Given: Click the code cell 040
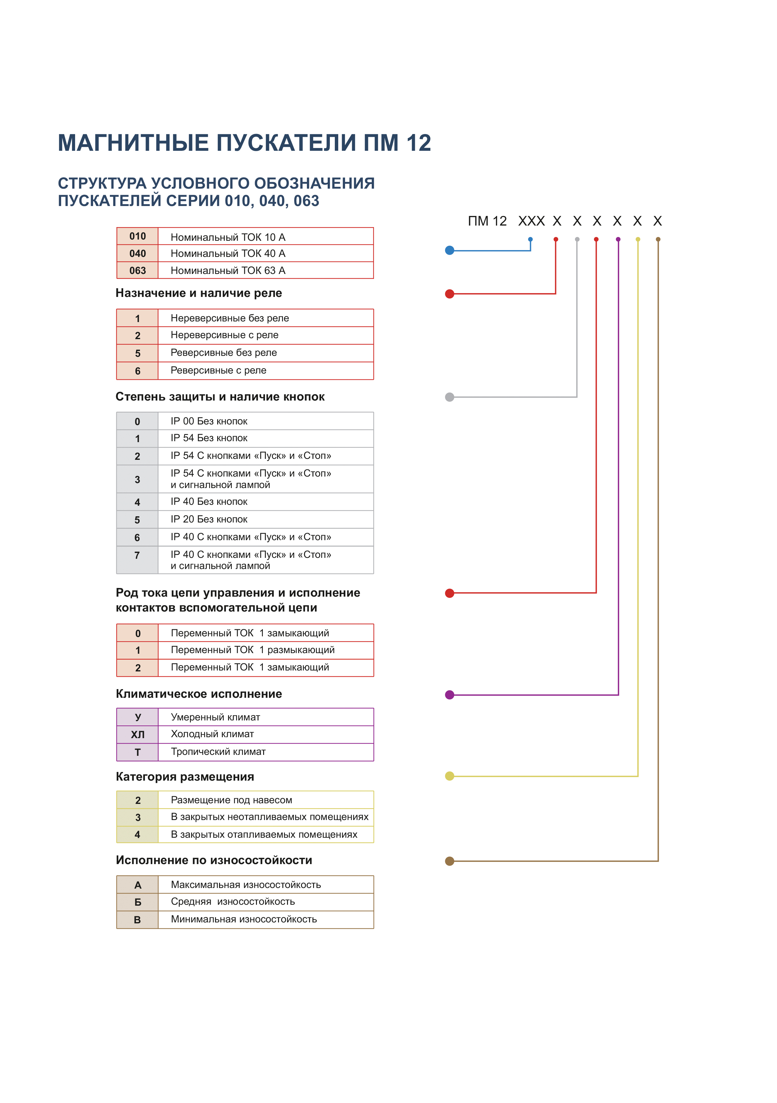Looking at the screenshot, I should pyautogui.click(x=137, y=253).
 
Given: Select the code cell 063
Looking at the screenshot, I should pyautogui.click(x=137, y=271).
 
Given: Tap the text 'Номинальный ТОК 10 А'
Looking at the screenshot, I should pyautogui.click(x=228, y=237).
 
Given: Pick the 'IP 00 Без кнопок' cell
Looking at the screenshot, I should pyautogui.click(x=209, y=421).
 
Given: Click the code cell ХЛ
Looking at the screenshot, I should pyautogui.click(x=137, y=734).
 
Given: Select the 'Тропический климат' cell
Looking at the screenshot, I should pyautogui.click(x=218, y=752).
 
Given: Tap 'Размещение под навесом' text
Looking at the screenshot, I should pyautogui.click(x=231, y=800).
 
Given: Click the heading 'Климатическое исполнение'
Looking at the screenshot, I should pyautogui.click(x=199, y=694).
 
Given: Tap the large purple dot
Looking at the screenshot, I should pyautogui.click(x=449, y=695).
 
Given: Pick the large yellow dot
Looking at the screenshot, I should pyautogui.click(x=449, y=776).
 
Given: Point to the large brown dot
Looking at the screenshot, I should pyautogui.click(x=449, y=861).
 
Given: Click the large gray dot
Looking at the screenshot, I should pyautogui.click(x=449, y=397).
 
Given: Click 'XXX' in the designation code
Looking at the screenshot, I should pyautogui.click(x=531, y=221).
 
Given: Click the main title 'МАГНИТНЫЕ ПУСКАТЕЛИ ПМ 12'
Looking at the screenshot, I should pyautogui.click(x=244, y=143).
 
